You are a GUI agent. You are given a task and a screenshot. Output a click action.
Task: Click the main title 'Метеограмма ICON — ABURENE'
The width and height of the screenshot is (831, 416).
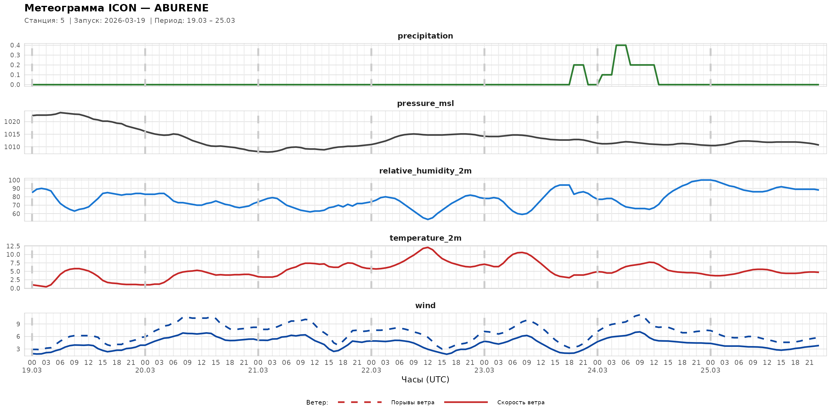coord(116,8)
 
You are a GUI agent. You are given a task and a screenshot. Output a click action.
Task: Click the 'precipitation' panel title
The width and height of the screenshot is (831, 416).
coord(425,36)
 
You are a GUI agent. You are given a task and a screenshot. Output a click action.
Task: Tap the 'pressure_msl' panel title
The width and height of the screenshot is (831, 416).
coord(425,103)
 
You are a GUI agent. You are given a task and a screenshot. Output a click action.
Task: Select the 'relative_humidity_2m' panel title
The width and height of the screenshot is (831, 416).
coord(425,171)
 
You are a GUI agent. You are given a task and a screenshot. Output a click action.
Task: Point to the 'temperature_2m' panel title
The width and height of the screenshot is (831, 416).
coord(425,238)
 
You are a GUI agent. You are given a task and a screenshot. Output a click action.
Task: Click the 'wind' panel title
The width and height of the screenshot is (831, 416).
coord(425,306)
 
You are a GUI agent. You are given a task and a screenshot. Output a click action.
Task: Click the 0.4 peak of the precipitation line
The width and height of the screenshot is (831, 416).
coord(621,45)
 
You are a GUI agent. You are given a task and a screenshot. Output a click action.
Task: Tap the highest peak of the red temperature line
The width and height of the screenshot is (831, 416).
coord(428,247)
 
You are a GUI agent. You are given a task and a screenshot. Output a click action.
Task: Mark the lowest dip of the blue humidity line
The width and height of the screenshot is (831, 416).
coord(428,219)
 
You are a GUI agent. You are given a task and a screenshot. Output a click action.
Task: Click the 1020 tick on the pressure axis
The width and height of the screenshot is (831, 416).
coord(12,122)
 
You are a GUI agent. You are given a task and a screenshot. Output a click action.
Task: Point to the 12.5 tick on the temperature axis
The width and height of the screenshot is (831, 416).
coord(13,246)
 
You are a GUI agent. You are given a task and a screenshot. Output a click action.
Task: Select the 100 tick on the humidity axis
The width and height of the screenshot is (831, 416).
coord(14,180)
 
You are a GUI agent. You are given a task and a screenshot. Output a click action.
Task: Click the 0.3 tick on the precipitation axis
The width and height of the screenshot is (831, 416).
coord(15,55)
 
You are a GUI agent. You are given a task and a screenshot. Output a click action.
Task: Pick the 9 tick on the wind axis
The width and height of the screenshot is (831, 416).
coord(18,324)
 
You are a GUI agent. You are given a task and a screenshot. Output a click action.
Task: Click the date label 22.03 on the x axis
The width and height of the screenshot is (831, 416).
coord(371,370)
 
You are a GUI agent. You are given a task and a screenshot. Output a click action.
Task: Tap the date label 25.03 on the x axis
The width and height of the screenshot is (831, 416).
coord(710,370)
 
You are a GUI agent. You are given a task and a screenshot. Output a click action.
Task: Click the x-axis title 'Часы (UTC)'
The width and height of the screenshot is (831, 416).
coord(425,380)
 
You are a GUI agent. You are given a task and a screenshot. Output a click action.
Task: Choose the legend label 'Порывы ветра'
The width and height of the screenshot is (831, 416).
coord(413,402)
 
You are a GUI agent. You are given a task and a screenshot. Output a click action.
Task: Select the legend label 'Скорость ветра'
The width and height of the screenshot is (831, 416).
coord(521,402)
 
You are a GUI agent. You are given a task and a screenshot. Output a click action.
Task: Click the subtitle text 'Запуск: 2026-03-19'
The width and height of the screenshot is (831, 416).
coord(110,21)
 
